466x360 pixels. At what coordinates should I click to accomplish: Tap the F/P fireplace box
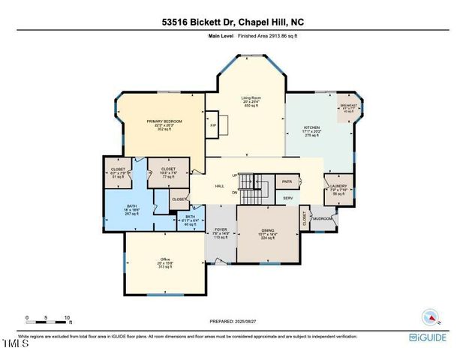[213, 125]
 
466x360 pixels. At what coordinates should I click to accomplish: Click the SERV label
[287, 198]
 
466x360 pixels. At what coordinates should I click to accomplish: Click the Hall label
[220, 185]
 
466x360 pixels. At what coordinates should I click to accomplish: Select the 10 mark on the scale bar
[68, 317]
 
